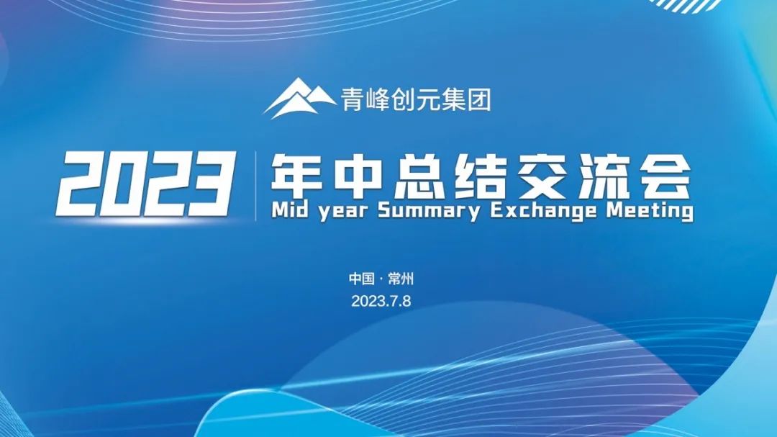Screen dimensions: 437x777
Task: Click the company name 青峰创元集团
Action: point(415,99)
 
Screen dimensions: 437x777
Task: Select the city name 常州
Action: point(401,279)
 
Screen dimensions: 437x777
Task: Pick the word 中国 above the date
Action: point(362,279)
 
